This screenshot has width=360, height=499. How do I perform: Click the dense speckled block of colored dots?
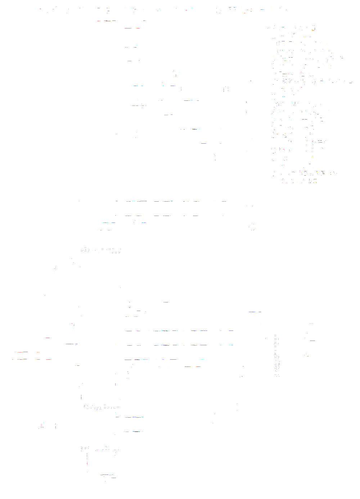306,104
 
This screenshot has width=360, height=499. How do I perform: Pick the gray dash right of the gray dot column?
312,340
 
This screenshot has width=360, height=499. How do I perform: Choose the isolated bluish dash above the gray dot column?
255,312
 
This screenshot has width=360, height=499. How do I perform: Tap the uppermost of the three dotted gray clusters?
101,249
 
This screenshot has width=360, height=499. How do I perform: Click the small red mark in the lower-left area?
42,426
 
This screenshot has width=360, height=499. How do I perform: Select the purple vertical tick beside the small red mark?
55,426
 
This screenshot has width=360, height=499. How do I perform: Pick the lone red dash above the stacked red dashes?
48,338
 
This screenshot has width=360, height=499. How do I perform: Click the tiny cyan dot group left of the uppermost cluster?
55,268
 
